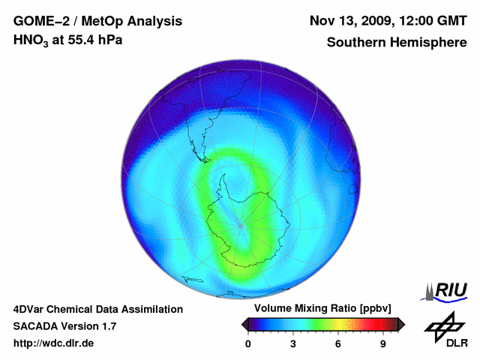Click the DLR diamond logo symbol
click(x=445, y=325)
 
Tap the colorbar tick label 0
click(x=248, y=343)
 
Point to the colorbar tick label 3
click(x=293, y=343)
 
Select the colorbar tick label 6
click(x=338, y=343)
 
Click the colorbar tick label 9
click(x=383, y=343)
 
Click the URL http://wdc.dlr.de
click(x=54, y=343)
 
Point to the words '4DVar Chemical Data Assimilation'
click(x=98, y=309)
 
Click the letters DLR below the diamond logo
click(x=456, y=343)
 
